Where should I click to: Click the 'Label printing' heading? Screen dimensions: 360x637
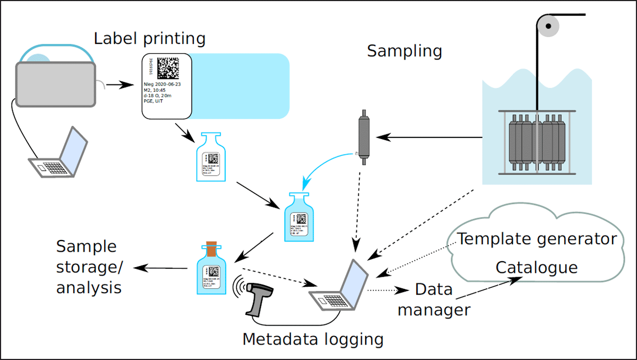(x=149, y=39)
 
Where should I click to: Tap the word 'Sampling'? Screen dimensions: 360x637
(x=404, y=51)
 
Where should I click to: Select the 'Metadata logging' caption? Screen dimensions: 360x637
(x=313, y=339)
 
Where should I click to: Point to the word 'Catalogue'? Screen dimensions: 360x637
(x=536, y=267)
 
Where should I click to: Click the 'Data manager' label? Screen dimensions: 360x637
(x=434, y=299)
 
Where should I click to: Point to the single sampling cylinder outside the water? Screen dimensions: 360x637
(x=364, y=137)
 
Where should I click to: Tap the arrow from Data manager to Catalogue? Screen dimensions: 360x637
(x=486, y=290)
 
